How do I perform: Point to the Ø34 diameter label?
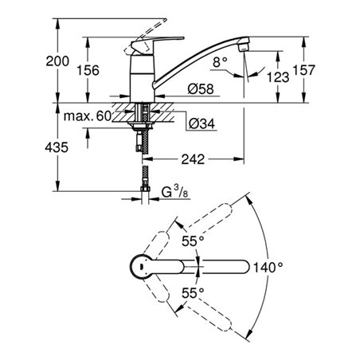coord(204,123)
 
